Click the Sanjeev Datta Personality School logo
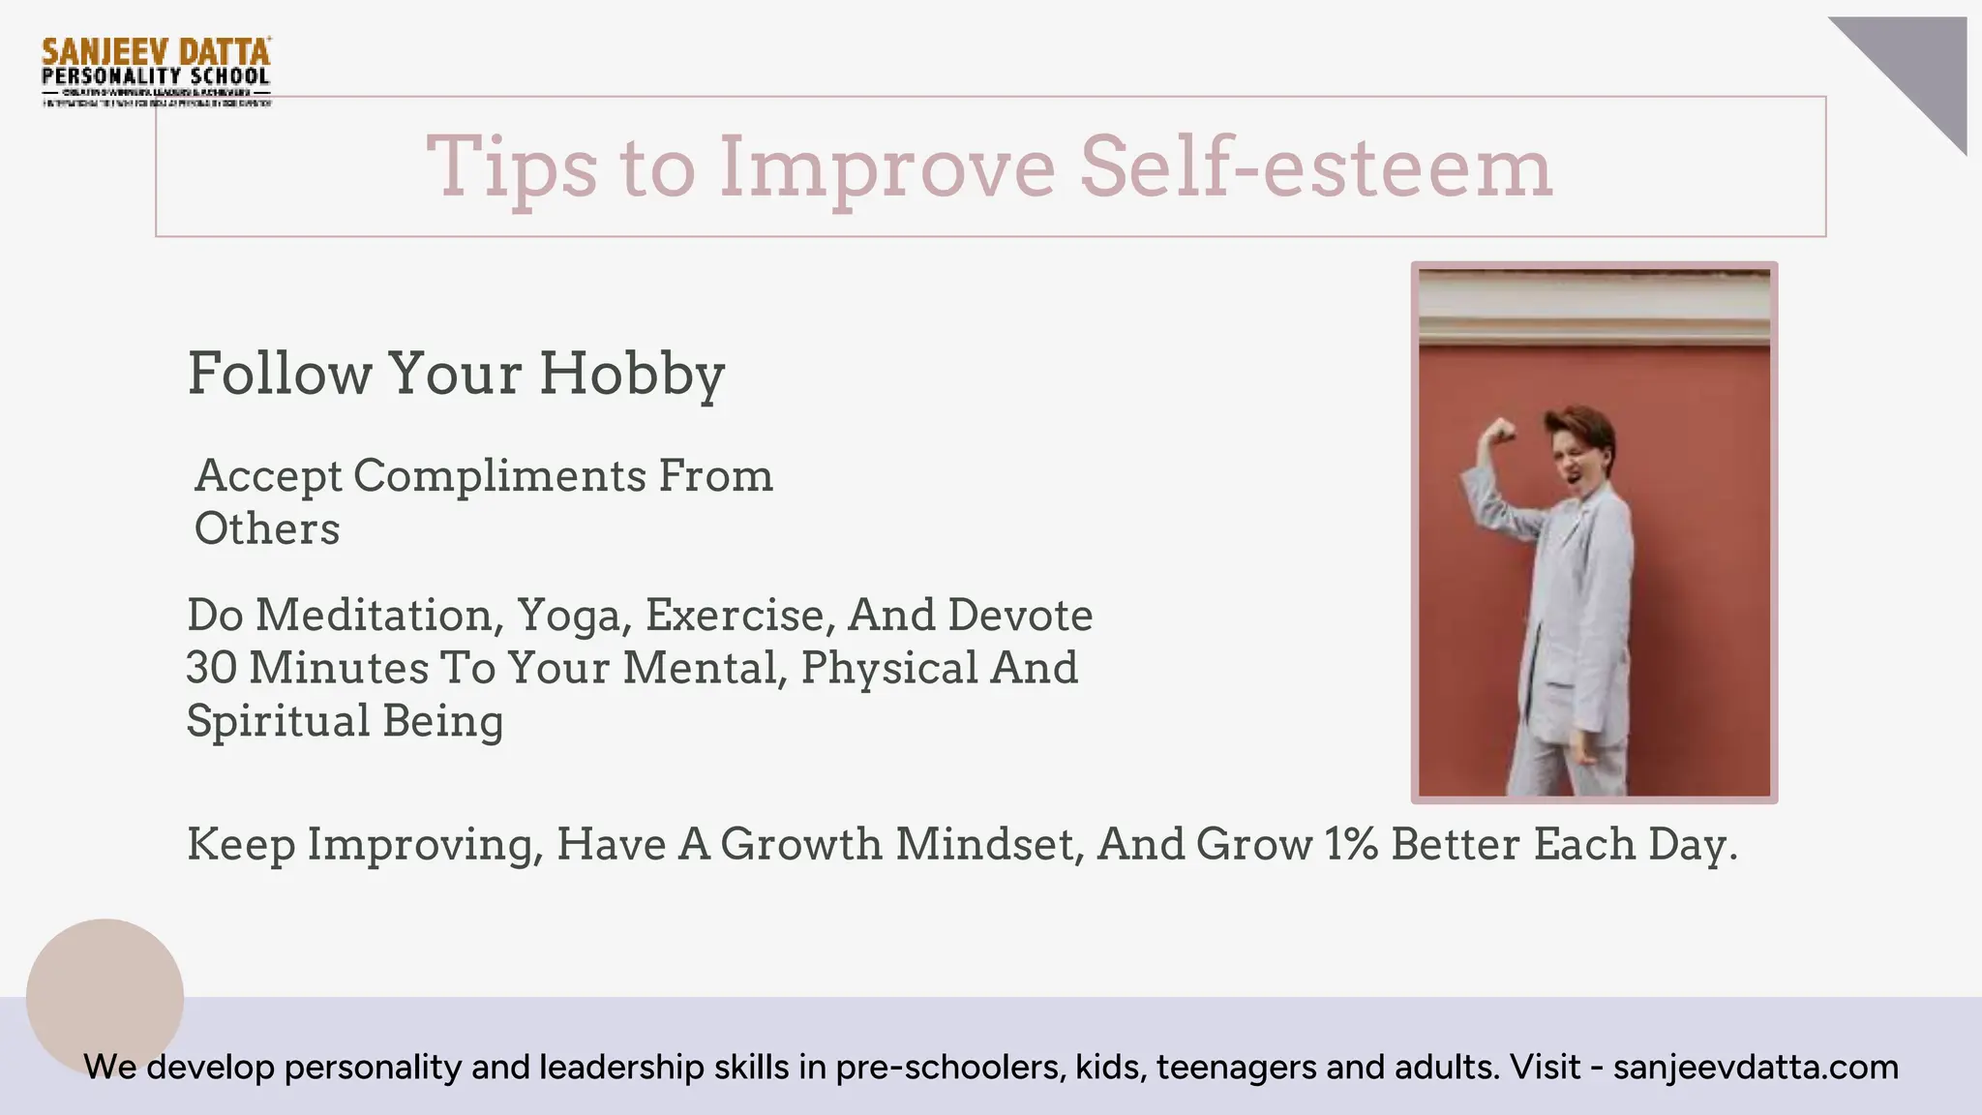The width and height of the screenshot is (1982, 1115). point(156,71)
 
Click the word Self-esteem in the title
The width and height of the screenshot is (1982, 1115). point(1315,166)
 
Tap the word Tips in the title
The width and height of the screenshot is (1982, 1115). point(512,166)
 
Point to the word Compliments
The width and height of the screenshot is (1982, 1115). point(499,476)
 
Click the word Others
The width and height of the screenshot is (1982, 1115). point(267,529)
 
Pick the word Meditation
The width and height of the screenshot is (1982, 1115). point(379,616)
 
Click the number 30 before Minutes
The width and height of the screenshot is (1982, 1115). point(212,668)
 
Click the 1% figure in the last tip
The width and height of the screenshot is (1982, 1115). point(1352,844)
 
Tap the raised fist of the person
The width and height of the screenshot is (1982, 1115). point(1501,430)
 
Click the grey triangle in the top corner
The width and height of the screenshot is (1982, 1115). point(1922,64)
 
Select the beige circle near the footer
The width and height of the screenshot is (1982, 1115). point(105,997)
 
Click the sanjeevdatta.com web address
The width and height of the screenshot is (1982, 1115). point(1756,1067)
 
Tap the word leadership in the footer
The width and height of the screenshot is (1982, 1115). point(620,1067)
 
